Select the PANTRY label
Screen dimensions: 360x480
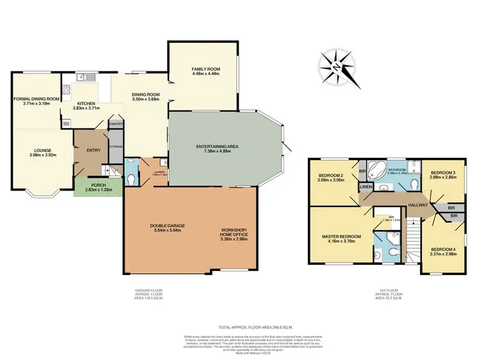pyautogui.click(x=116, y=124)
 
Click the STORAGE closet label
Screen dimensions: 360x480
pyautogui.click(x=116, y=146)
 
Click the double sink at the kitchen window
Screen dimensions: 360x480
pyautogui.click(x=84, y=78)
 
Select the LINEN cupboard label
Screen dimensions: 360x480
pyautogui.click(x=366, y=187)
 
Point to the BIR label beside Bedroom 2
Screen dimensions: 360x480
pyautogui.click(x=362, y=171)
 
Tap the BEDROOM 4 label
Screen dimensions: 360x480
pyautogui.click(x=443, y=249)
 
